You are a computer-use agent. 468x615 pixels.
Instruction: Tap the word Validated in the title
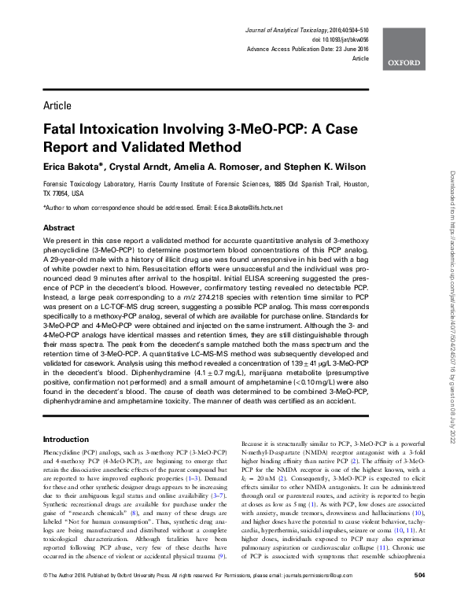click(x=146, y=146)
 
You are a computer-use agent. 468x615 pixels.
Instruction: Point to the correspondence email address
click(x=245, y=207)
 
